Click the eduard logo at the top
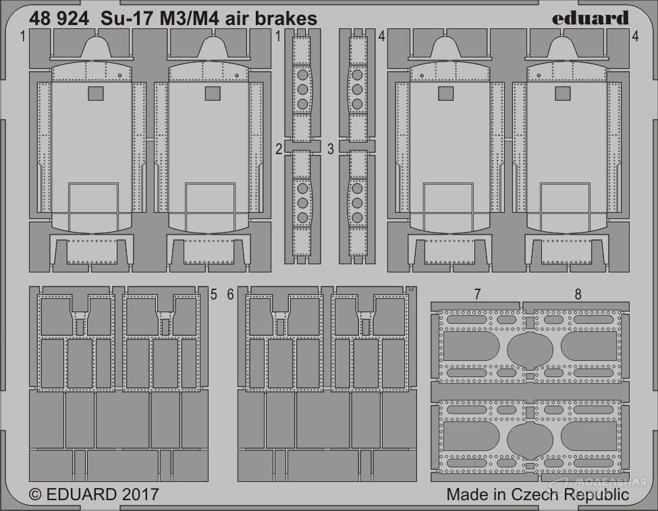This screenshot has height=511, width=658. tap(590, 18)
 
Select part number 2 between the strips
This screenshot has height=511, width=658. tap(279, 149)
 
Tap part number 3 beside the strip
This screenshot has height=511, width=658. tap(331, 149)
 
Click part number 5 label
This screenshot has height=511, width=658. tap(214, 295)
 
